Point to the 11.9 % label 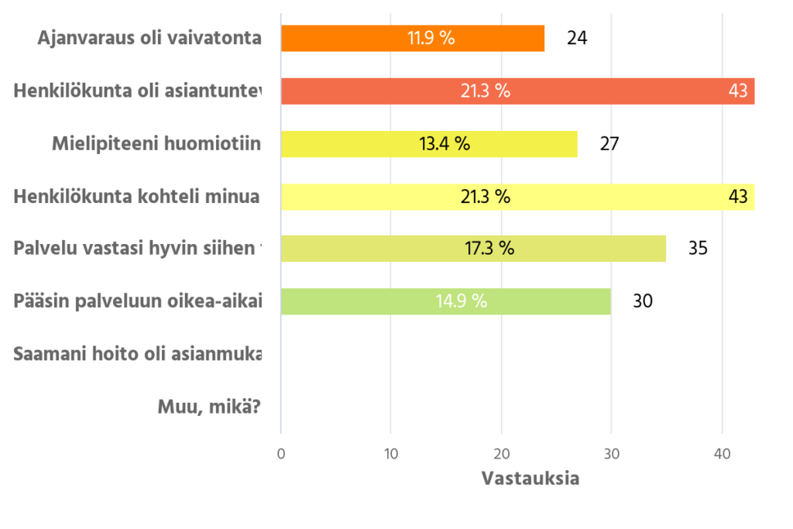(x=431, y=38)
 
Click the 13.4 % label (x=445, y=144)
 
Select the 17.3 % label (x=489, y=249)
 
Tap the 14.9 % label (x=462, y=301)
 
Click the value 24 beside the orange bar (x=577, y=38)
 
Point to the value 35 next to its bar (x=698, y=249)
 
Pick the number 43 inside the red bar (x=738, y=91)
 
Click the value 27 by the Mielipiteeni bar (x=609, y=144)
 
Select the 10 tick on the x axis (x=391, y=455)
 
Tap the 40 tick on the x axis (x=723, y=455)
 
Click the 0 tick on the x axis (x=281, y=455)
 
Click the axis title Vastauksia (x=530, y=478)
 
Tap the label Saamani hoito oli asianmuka (x=138, y=354)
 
